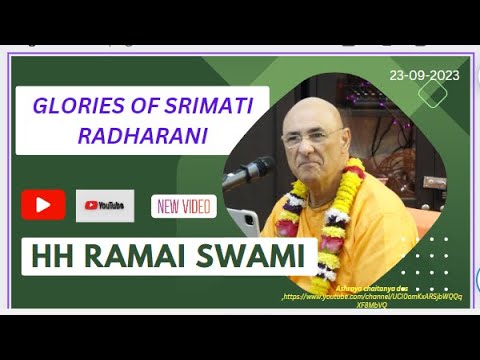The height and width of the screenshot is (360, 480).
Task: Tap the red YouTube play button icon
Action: (x=43, y=205)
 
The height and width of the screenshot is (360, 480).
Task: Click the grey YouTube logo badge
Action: (x=105, y=205)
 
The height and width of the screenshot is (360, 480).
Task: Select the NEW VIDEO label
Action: (x=183, y=206)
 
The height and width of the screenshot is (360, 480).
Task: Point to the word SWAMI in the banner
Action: (x=256, y=256)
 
